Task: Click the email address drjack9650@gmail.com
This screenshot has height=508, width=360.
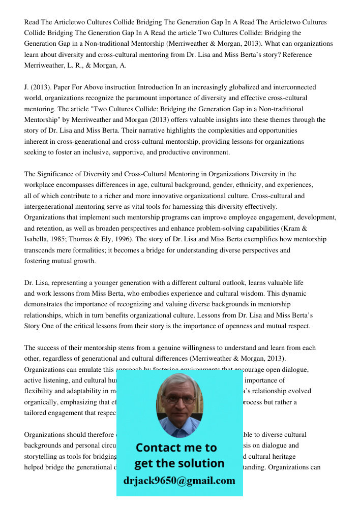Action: click(179, 481)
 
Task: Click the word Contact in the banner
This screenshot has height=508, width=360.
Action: click(159, 448)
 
